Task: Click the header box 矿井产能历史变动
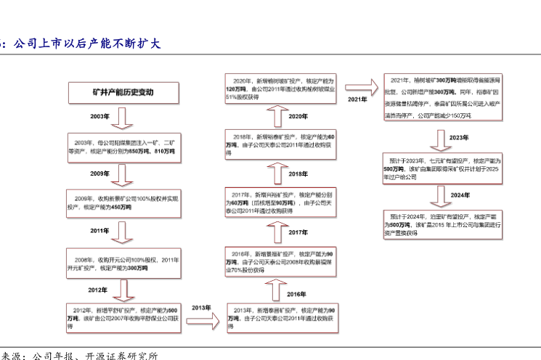tap(123, 93)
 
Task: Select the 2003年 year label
tap(99, 116)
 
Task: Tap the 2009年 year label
tap(99, 173)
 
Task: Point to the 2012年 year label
tap(98, 290)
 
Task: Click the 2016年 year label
tap(297, 293)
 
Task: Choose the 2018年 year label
tap(298, 174)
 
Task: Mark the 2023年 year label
tap(459, 136)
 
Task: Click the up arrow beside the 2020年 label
tap(277, 116)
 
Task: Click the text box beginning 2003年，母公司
tap(123, 146)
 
